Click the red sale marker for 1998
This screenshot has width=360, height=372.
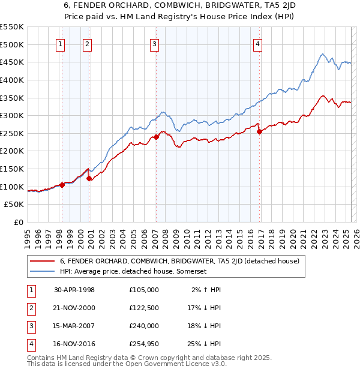[x=62, y=185]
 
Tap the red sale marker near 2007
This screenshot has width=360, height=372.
[x=156, y=137]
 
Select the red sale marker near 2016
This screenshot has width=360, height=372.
[x=259, y=131]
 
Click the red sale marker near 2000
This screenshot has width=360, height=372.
[x=89, y=178]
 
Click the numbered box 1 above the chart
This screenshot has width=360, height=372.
[x=61, y=44]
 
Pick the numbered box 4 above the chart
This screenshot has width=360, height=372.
[x=257, y=44]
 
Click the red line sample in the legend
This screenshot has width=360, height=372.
[x=42, y=261]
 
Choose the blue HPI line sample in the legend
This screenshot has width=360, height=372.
[x=42, y=271]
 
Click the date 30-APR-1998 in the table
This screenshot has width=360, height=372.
[x=74, y=290]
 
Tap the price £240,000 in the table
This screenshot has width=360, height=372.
[x=144, y=326]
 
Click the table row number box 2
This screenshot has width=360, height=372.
[x=31, y=308]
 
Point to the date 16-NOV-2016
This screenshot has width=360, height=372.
[x=74, y=344]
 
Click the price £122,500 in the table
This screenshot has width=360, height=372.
[x=144, y=308]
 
